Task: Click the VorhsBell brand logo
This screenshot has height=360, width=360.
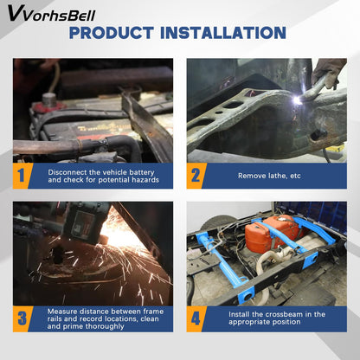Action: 51,14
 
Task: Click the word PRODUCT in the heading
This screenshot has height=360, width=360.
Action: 112,33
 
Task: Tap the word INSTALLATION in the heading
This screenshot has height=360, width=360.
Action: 223,33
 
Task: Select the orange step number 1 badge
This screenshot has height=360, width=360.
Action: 21,176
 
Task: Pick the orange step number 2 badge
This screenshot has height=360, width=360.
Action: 196,176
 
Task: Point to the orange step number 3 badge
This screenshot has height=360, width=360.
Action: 22,318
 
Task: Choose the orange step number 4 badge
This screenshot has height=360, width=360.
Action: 196,318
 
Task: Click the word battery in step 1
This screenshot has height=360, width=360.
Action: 142,172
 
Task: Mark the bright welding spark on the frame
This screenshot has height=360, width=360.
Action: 297,100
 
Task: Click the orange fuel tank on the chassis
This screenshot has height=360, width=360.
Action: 271,233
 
